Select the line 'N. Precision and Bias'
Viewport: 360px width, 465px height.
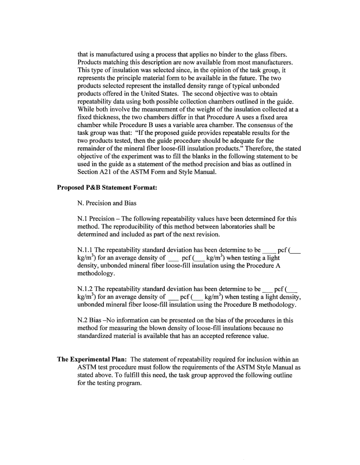coord(106,203)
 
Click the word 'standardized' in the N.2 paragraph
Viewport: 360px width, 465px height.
coord(94,336)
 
